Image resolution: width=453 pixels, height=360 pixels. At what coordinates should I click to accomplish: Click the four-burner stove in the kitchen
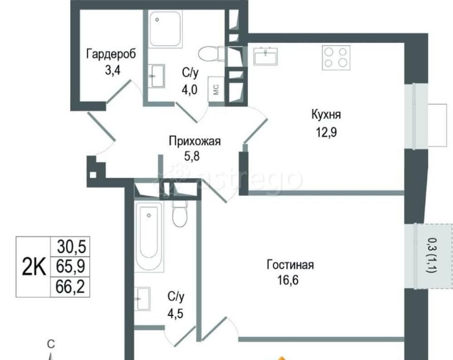pos(336,57)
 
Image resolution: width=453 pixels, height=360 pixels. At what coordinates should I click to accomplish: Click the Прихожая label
pos(194,141)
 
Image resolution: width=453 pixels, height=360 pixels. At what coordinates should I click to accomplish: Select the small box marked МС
pos(216,89)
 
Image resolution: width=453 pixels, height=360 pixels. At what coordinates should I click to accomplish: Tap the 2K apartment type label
pos(34,267)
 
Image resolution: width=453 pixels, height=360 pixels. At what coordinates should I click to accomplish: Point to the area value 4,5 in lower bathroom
pos(176,313)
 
